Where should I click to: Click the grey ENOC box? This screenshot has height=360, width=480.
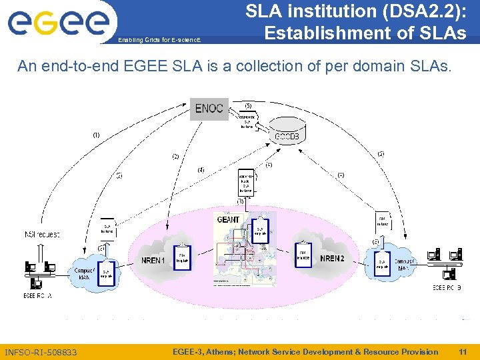(209, 109)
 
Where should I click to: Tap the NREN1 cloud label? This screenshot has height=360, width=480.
(153, 259)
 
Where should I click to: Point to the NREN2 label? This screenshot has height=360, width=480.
(332, 258)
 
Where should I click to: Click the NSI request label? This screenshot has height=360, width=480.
(42, 235)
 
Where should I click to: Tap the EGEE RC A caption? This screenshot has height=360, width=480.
(37, 295)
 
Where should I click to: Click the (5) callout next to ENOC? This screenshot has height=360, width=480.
(248, 105)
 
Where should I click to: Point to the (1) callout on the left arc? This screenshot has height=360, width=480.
(96, 135)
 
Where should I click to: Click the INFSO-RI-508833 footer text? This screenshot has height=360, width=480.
(41, 352)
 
